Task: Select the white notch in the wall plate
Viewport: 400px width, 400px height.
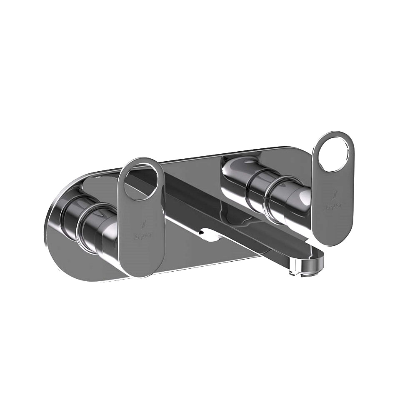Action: coord(210,235)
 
